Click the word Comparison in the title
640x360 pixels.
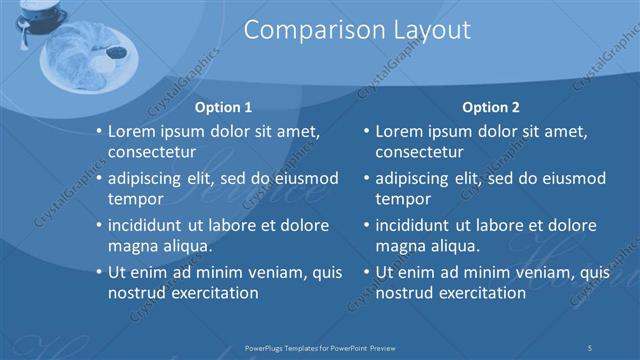pyautogui.click(x=302, y=31)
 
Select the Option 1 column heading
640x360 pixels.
pyautogui.click(x=223, y=107)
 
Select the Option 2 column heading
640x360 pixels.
pyautogui.click(x=490, y=107)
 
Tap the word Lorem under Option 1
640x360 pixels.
pyautogui.click(x=134, y=131)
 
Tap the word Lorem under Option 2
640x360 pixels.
pyautogui.click(x=401, y=131)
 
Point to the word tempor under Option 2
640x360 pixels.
pyautogui.click(x=402, y=199)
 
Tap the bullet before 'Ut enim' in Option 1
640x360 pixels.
pyautogui.click(x=98, y=272)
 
